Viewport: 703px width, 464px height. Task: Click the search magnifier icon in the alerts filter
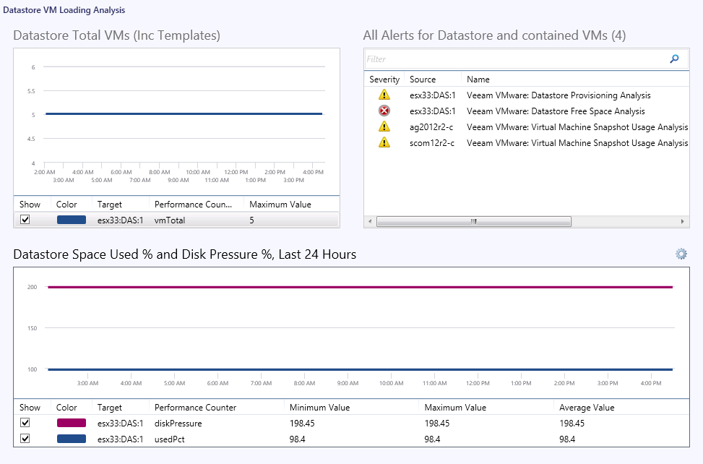674,59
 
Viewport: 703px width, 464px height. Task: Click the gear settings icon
681,254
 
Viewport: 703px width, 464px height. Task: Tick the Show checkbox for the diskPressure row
25,423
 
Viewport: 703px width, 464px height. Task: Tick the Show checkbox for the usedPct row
25,439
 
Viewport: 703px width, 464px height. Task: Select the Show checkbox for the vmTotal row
25,220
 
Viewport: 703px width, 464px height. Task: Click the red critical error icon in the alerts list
384,111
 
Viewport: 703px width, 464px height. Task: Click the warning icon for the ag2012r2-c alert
384,127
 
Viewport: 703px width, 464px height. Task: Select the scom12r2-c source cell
431,143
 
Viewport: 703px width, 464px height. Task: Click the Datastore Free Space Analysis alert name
556,111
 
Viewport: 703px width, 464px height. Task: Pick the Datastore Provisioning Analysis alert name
558,95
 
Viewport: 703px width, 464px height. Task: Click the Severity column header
384,80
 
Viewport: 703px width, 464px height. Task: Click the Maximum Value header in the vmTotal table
280,205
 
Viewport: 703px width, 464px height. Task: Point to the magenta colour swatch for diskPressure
72,423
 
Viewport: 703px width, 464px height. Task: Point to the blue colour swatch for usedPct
72,439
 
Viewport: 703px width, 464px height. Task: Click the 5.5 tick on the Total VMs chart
32,91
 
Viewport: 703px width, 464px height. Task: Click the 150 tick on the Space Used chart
32,328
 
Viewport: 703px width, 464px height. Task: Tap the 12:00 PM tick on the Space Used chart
478,384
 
